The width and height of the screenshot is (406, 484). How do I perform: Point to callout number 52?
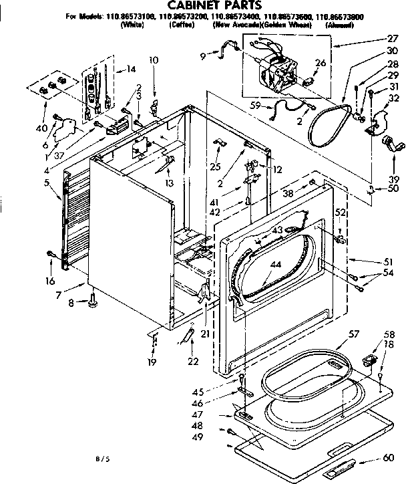click(341, 213)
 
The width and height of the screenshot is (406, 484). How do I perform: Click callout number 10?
click(154, 60)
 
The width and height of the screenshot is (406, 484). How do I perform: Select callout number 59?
click(255, 104)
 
